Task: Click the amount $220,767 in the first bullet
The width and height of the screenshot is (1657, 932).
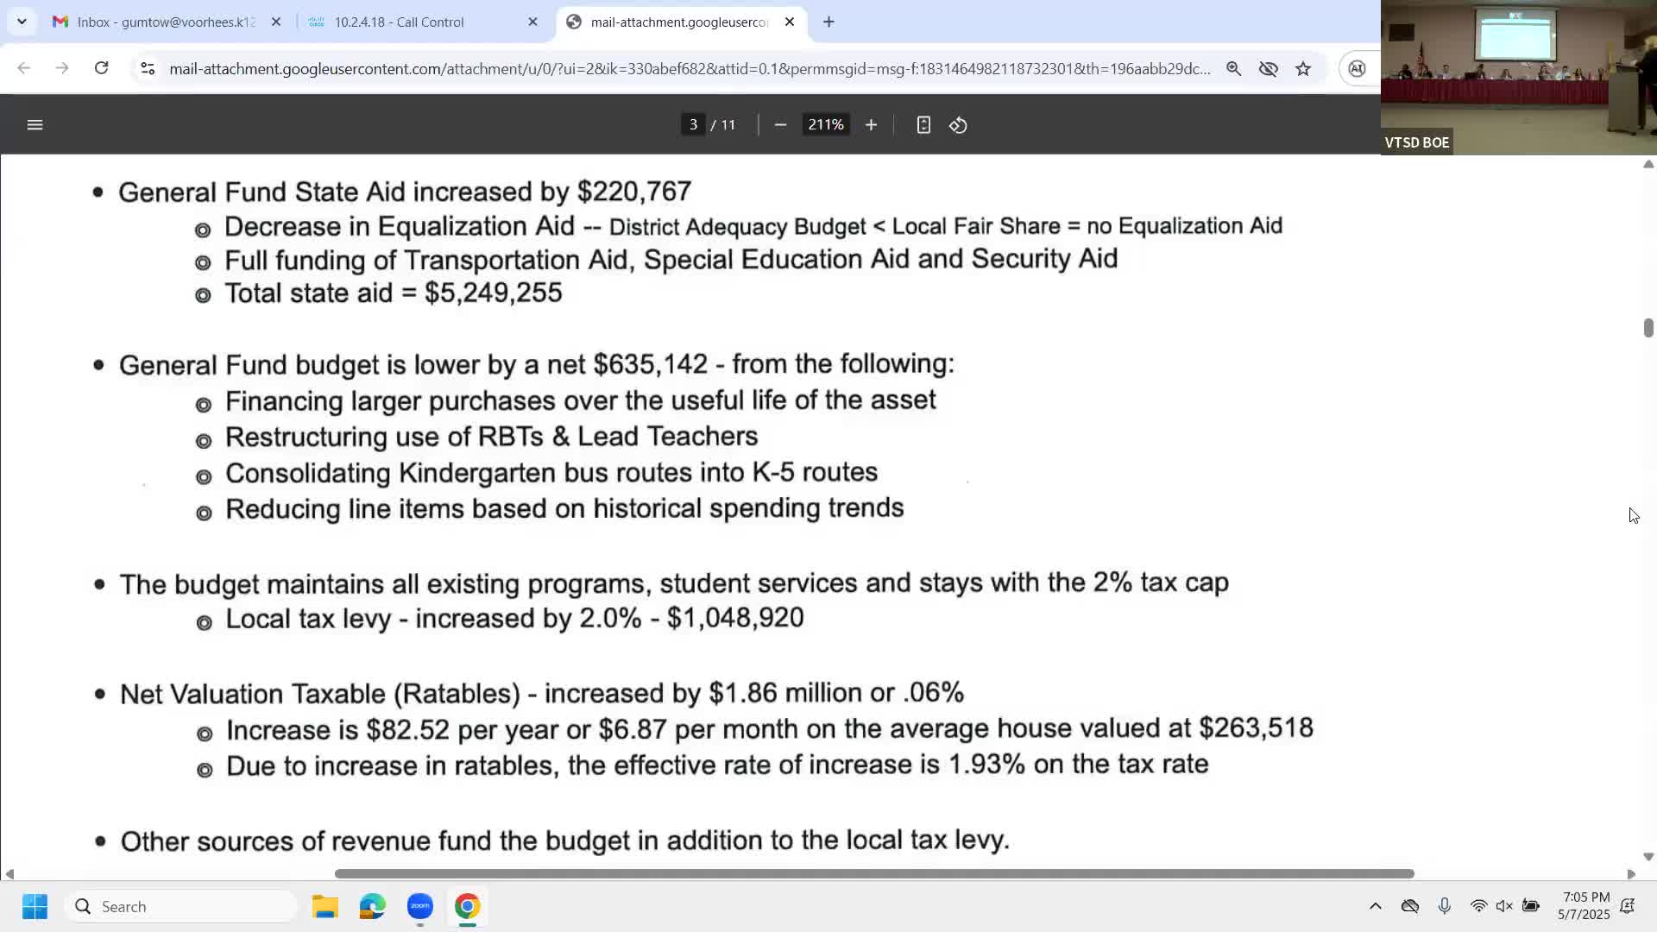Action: (x=634, y=192)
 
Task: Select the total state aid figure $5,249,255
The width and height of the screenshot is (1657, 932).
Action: (x=493, y=293)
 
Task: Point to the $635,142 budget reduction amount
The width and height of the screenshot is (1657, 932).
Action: (x=650, y=364)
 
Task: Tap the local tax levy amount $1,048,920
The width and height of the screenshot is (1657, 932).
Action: (x=735, y=618)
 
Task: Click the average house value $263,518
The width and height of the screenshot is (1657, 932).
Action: (x=1256, y=728)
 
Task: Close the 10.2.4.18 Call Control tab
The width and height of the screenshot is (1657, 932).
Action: (x=532, y=22)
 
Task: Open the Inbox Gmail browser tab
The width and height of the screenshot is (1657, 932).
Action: (x=164, y=22)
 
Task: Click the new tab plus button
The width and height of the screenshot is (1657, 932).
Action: (x=828, y=22)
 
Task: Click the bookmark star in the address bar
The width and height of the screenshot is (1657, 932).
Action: (x=1303, y=69)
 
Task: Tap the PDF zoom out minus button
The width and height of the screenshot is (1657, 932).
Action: (x=780, y=125)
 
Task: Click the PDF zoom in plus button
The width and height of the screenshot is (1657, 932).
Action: (x=871, y=125)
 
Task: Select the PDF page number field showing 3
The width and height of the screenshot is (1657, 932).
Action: (x=693, y=125)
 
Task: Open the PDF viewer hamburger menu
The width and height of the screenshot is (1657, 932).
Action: (x=35, y=125)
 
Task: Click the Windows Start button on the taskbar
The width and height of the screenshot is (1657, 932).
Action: (x=35, y=906)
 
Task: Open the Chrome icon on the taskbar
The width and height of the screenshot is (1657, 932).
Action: (x=467, y=906)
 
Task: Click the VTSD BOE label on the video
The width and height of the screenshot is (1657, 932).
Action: (x=1416, y=142)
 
